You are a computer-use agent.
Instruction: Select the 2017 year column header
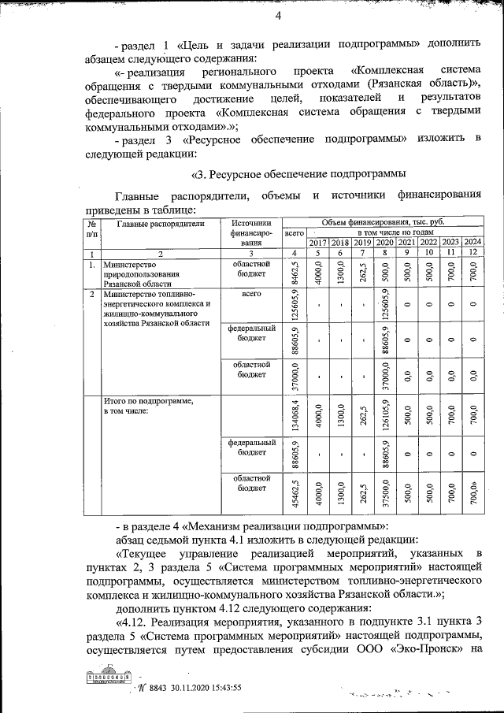[x=318, y=242]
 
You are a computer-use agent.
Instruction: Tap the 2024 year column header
[x=472, y=242]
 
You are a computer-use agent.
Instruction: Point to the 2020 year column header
[x=384, y=242]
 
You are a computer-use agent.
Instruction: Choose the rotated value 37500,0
[x=384, y=498]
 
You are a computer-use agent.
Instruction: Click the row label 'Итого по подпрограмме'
[x=148, y=401]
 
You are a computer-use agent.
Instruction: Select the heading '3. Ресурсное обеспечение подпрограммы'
[x=299, y=173]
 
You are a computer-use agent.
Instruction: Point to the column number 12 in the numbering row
[x=472, y=253]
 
